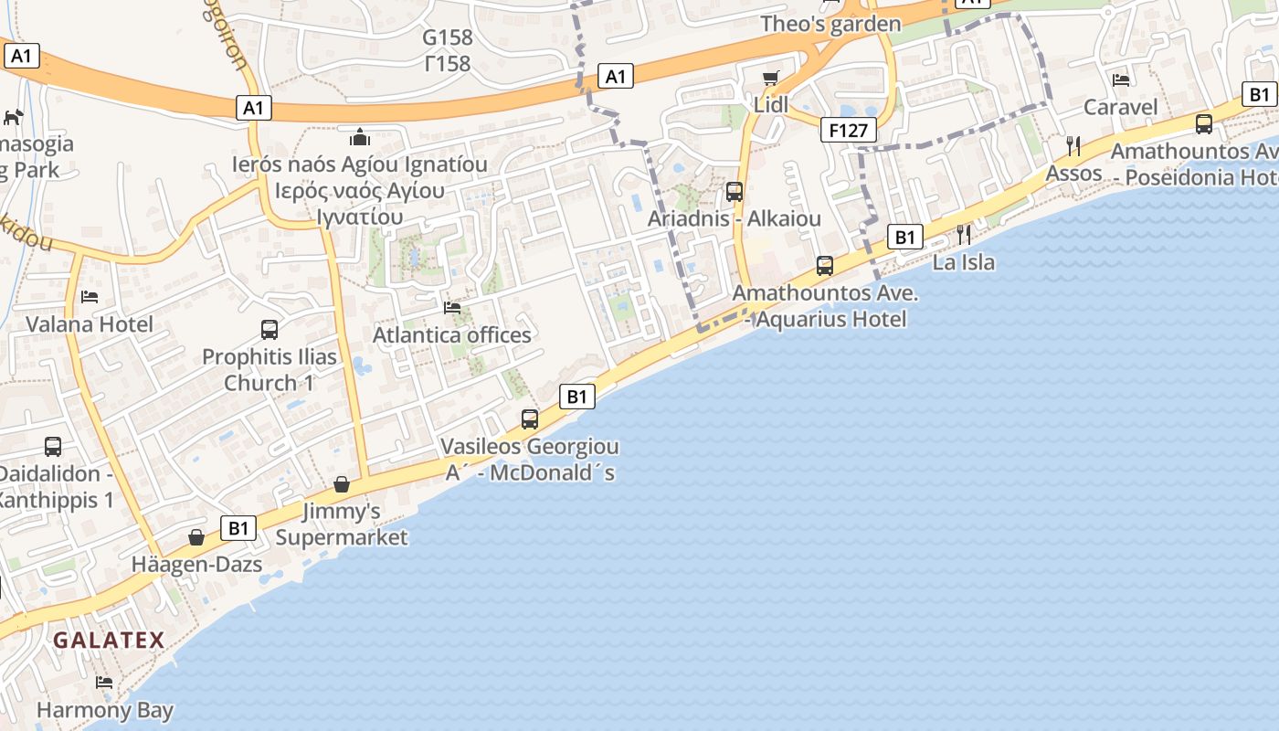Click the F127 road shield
coord(848,131)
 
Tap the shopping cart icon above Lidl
coord(771,78)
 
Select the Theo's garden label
coord(830,24)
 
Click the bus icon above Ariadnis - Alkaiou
coord(734,192)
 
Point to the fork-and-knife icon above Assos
coord(1073,145)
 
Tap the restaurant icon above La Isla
coord(964,235)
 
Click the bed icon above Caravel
coord(1121,80)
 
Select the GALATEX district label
coord(109,641)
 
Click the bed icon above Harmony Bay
coord(104,683)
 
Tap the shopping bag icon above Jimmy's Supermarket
coord(342,483)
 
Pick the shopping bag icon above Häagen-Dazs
coord(196,537)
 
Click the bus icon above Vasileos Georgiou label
coord(529,419)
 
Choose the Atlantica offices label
coord(451,335)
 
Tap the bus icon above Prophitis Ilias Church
coord(269,330)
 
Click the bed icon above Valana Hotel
coord(90,297)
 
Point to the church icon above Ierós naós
coord(360,137)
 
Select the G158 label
coord(448,37)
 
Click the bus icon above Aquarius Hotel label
coord(824,266)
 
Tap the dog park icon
coord(14,117)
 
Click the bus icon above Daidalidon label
coord(53,447)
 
